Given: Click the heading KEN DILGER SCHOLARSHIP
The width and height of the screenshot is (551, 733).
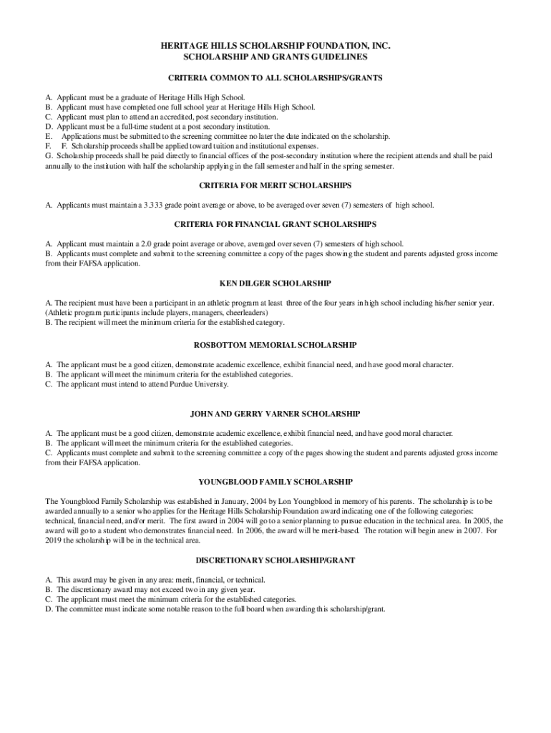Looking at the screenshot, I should tap(275, 283).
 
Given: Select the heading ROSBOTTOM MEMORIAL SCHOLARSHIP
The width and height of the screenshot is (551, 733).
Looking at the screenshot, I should tap(275, 345).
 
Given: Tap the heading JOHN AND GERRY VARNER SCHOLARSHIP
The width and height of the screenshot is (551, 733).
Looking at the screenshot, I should tap(275, 414).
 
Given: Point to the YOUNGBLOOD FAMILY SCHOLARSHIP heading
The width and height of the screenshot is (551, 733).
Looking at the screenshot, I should tap(275, 482).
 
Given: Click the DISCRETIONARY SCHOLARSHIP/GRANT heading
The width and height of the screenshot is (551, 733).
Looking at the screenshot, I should tap(275, 560).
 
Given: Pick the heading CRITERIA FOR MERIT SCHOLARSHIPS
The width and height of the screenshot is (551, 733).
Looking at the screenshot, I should tap(275, 185).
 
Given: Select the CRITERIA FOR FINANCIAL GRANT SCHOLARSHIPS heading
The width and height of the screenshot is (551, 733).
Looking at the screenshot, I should tap(275, 224).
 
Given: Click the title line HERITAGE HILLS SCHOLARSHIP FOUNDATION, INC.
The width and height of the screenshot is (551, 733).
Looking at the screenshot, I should tap(275, 45).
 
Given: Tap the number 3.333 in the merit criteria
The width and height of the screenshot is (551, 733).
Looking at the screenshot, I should tap(155, 205).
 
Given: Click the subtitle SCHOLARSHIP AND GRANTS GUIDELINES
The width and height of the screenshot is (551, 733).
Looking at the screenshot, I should tap(275, 56).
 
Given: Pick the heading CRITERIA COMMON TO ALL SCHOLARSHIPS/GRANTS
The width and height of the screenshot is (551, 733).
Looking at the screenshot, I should tap(275, 77).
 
